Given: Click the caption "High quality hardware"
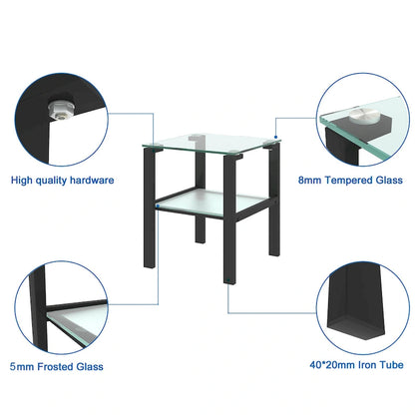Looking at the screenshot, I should click(63, 181).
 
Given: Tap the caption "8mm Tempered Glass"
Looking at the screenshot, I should click(351, 181).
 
